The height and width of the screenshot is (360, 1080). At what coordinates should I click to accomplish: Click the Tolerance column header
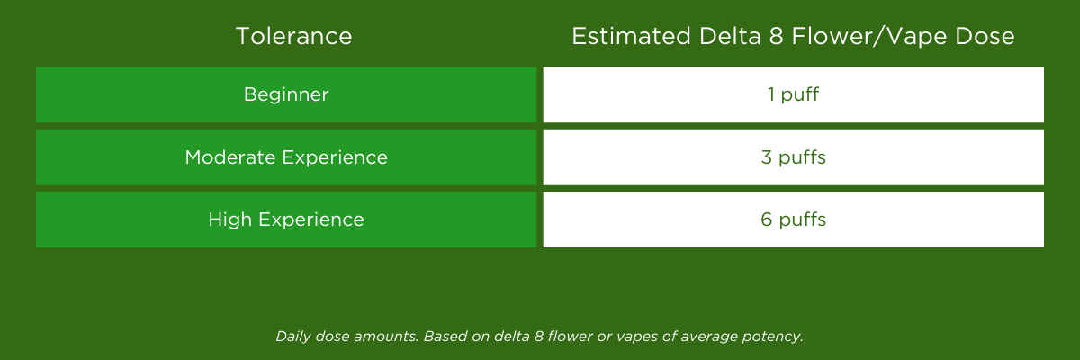pyautogui.click(x=293, y=37)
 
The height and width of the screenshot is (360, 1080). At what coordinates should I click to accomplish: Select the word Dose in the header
pyautogui.click(x=985, y=37)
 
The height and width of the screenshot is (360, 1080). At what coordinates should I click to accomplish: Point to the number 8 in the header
pyautogui.click(x=776, y=37)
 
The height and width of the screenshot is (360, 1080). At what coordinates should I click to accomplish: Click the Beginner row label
pyautogui.click(x=286, y=94)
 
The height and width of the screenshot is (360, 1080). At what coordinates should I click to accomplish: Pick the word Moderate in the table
pyautogui.click(x=229, y=157)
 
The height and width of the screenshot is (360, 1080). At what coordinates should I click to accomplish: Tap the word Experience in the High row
pyautogui.click(x=311, y=220)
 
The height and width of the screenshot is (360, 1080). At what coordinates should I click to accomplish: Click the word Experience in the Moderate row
pyautogui.click(x=335, y=158)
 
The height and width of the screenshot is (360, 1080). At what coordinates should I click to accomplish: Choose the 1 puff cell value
pyautogui.click(x=793, y=94)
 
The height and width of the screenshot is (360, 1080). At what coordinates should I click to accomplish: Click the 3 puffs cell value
pyautogui.click(x=793, y=157)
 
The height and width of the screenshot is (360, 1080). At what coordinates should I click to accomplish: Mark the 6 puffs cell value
pyautogui.click(x=793, y=220)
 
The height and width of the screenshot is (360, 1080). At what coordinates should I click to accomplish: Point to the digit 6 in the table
pyautogui.click(x=766, y=220)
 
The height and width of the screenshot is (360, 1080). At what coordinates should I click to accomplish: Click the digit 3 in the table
pyautogui.click(x=767, y=157)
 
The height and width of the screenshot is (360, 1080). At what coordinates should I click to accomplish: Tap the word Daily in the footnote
pyautogui.click(x=293, y=337)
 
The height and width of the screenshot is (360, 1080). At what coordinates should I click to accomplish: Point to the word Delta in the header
pyautogui.click(x=730, y=37)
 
